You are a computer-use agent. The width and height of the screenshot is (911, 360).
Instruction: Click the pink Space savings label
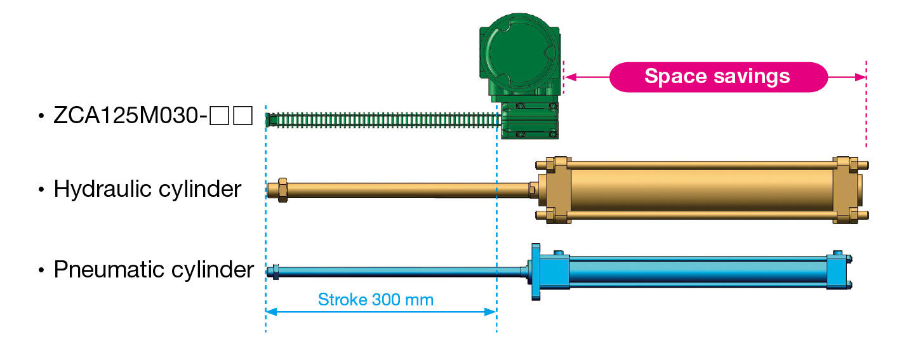(x=717, y=77)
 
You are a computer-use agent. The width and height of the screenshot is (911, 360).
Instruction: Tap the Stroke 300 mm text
(x=376, y=299)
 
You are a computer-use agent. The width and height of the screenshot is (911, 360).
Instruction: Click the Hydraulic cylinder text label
(x=147, y=189)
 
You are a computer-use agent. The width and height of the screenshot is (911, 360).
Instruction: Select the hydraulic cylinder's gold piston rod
(x=406, y=189)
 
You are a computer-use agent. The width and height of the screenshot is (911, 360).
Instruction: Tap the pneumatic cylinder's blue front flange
(x=536, y=272)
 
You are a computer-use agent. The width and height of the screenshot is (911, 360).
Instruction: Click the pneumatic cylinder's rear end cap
(x=837, y=271)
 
